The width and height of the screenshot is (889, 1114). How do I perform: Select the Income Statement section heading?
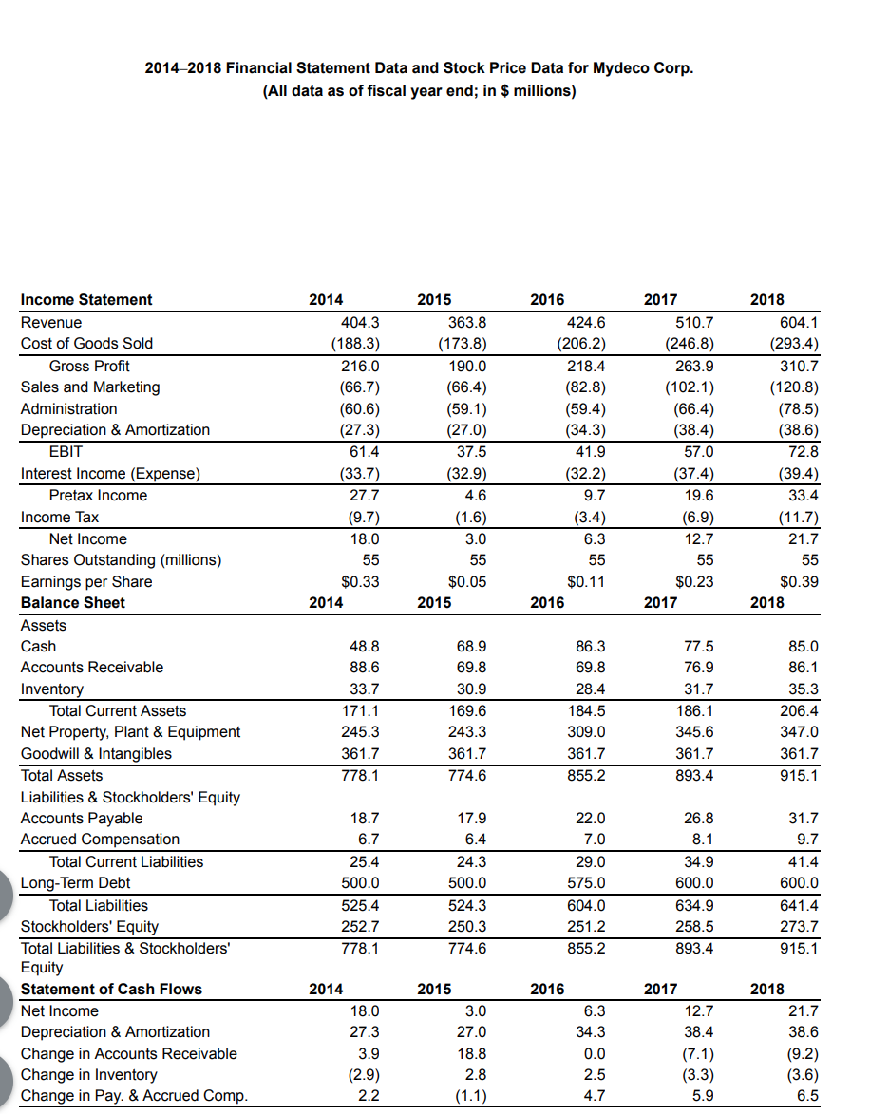tap(86, 300)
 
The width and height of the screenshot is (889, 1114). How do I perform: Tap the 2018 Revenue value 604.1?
tap(799, 322)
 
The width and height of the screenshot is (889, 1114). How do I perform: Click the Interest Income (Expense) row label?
tap(110, 473)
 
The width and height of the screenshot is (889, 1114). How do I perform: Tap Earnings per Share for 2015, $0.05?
tap(465, 581)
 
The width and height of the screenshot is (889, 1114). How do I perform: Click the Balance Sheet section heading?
tap(73, 603)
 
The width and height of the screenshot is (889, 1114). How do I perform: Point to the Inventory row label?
tap(52, 689)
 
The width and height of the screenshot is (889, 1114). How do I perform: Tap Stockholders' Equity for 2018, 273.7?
tap(799, 926)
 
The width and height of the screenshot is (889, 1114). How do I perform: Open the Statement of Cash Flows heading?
tap(111, 989)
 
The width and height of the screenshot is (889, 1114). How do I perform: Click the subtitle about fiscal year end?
tap(419, 91)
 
